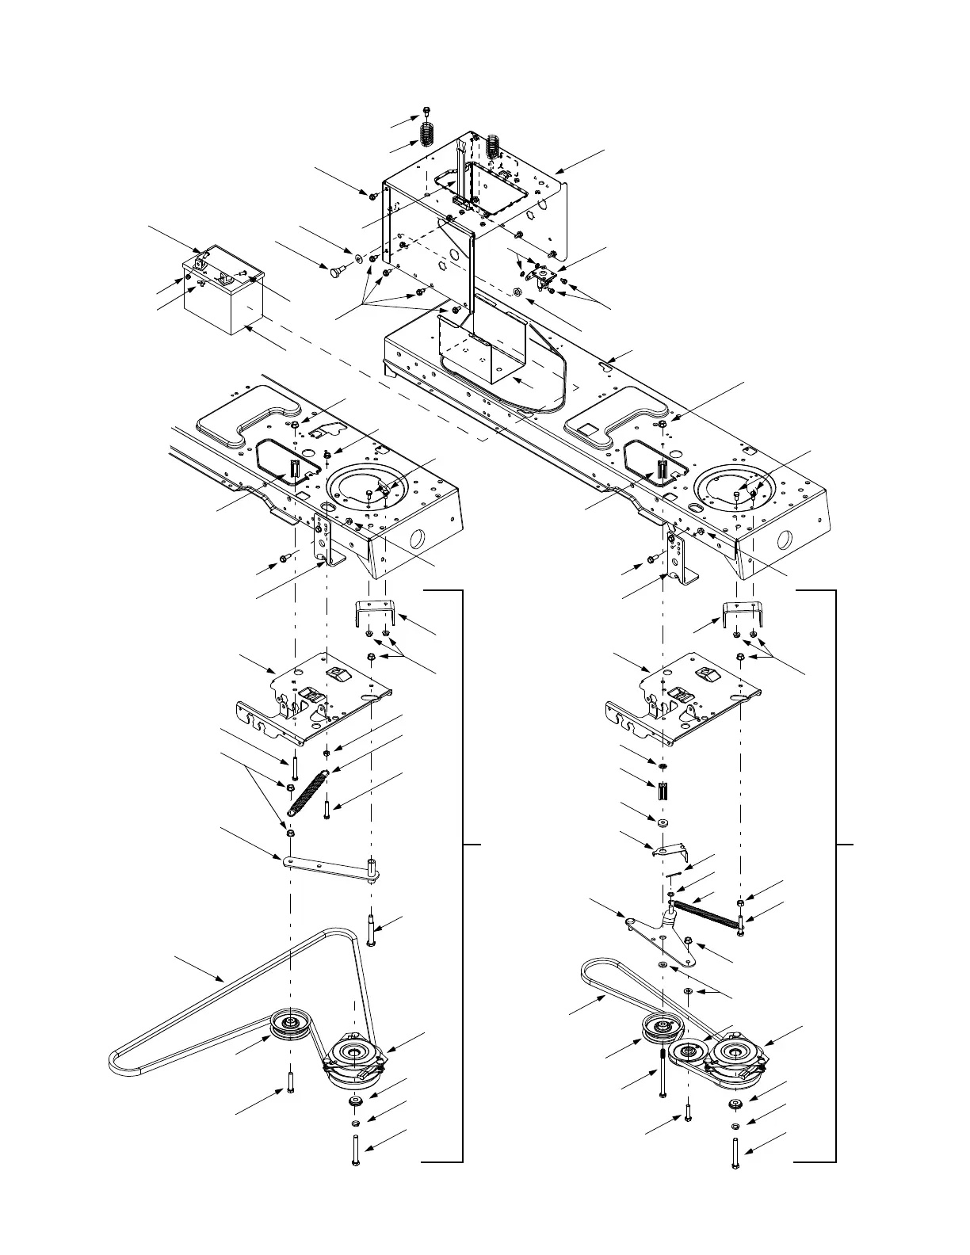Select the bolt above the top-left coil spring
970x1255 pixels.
[x=427, y=111]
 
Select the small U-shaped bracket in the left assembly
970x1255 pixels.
[x=373, y=614]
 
